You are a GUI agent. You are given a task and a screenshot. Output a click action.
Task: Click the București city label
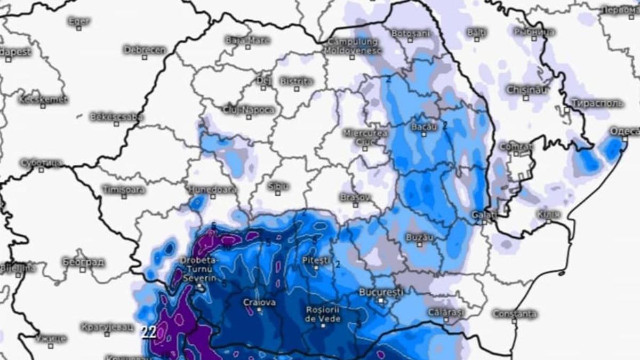click(x=381, y=292)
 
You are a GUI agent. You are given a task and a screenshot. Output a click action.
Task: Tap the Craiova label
click(x=260, y=302)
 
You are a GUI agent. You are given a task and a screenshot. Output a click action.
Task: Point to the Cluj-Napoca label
click(x=251, y=110)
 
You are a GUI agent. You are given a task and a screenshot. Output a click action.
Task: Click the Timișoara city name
click(x=123, y=189)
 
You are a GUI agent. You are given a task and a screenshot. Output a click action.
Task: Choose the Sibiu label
click(x=278, y=186)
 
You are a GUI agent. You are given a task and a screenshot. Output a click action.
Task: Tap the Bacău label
click(x=424, y=127)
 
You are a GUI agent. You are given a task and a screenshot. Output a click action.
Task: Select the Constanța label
click(x=514, y=314)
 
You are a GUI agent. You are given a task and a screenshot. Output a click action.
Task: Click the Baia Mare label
click(x=247, y=40)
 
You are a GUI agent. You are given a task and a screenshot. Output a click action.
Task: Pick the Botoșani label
click(x=410, y=33)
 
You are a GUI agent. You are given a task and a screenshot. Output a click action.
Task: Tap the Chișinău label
click(x=526, y=90)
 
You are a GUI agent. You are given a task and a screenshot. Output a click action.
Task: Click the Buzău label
click(x=419, y=236)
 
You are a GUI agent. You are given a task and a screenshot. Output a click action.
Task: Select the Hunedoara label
click(x=212, y=189)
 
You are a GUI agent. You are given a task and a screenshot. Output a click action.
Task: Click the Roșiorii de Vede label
click(x=323, y=314)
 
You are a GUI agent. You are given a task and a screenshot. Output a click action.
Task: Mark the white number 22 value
click(x=149, y=332)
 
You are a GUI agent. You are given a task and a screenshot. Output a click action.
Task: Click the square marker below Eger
click(x=79, y=28)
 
